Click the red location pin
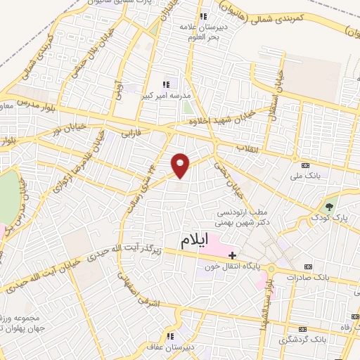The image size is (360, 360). pyautogui.click(x=181, y=164)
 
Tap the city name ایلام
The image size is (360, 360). pyautogui.click(x=195, y=240)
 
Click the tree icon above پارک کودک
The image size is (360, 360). pyautogui.click(x=328, y=206)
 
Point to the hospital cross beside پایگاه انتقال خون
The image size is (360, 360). pyautogui.click(x=233, y=254)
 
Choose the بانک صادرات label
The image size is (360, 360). pyautogui.click(x=306, y=277)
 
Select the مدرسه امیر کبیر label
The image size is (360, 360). pyautogui.click(x=167, y=94)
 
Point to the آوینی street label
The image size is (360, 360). pyautogui.click(x=120, y=89)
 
